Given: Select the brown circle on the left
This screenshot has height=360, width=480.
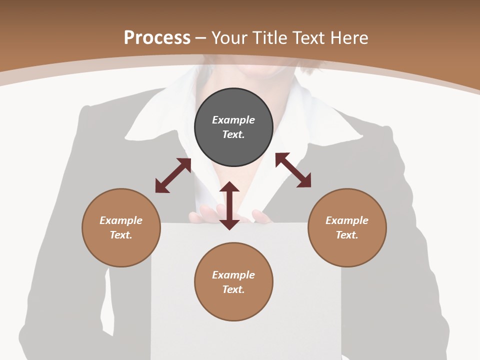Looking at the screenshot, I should point(121,227).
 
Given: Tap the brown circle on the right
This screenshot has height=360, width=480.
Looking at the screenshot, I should point(347,227).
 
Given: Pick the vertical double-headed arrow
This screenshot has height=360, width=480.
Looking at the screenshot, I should point(229,205).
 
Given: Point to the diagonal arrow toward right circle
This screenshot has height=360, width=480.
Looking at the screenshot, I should point(293,170).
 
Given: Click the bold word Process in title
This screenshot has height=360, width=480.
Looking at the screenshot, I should point(157,37).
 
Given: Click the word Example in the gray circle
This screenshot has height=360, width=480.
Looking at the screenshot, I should point(233,120).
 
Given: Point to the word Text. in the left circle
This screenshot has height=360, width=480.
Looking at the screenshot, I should point(121,235).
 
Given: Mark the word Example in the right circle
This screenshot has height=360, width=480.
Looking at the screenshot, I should point(347,220).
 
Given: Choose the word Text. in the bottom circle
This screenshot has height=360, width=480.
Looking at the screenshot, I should point(233,289).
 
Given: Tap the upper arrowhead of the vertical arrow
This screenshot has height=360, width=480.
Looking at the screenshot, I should point(229,187).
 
